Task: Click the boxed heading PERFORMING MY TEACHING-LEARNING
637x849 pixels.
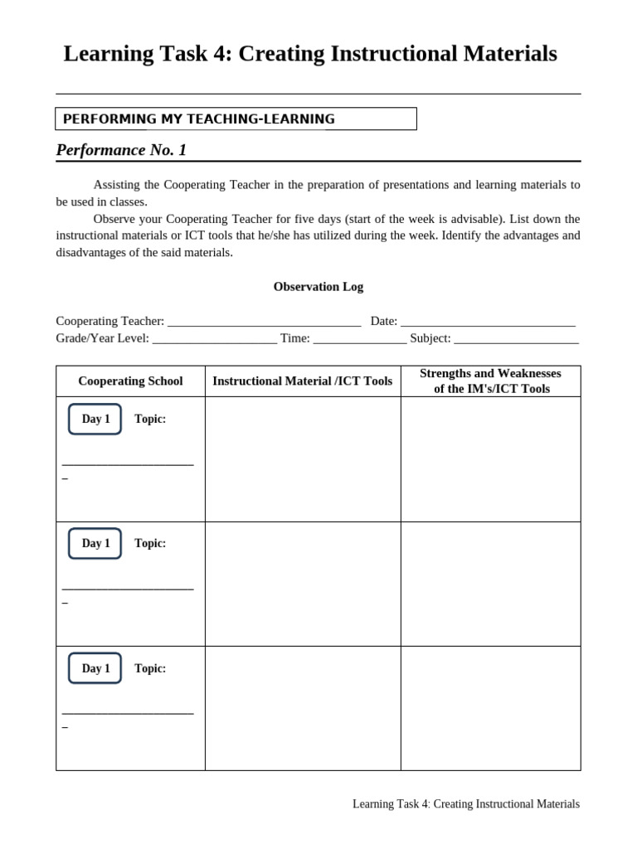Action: click(199, 119)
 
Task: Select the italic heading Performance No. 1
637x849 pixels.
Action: click(121, 150)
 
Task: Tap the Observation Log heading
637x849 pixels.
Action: click(318, 287)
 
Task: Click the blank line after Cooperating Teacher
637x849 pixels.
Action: click(264, 323)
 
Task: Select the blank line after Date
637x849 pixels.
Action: click(488, 323)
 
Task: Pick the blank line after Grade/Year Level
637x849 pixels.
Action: click(215, 339)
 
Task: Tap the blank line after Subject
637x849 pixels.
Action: click(516, 339)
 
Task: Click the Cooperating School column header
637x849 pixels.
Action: click(130, 381)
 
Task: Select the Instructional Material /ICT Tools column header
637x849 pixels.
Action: click(303, 381)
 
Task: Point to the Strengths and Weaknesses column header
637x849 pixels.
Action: click(491, 381)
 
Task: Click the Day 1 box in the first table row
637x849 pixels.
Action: click(95, 420)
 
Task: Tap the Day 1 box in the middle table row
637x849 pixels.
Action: click(95, 544)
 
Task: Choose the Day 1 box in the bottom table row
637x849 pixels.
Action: click(95, 668)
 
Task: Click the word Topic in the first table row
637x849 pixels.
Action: click(150, 420)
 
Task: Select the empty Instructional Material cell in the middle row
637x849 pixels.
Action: click(303, 584)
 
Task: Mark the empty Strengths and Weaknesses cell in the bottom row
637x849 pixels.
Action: click(491, 708)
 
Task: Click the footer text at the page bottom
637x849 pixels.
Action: click(465, 804)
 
